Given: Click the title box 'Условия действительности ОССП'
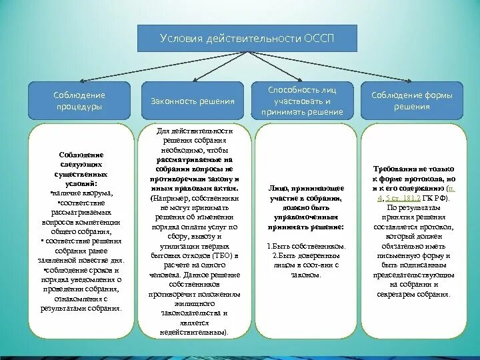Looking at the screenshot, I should pyautogui.click(x=247, y=38).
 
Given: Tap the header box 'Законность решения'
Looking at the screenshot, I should pyautogui.click(x=192, y=101).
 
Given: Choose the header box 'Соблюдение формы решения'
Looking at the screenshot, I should pyautogui.click(x=411, y=101).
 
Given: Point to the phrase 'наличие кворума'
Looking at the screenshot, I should pyautogui.click(x=83, y=193).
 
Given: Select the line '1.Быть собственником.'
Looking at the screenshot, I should pyautogui.click(x=307, y=246).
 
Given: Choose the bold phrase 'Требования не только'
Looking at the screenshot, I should pyautogui.click(x=411, y=170).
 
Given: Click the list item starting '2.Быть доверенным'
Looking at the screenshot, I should pyautogui.click(x=307, y=255).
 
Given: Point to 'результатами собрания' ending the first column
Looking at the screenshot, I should pyautogui.click(x=79, y=308).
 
